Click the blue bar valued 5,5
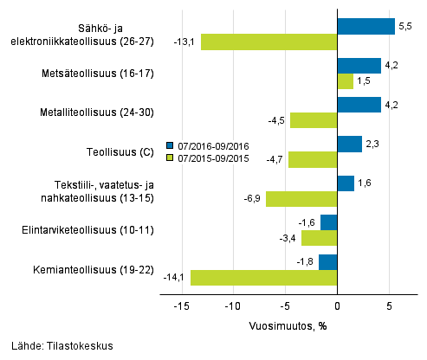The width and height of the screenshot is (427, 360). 366,26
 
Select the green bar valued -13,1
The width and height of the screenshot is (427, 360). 268,42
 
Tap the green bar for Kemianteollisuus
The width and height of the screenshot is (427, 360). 263,278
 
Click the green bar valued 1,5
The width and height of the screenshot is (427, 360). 345,81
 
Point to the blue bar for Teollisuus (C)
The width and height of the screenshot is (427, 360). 349,144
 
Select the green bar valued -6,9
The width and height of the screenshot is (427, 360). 301,199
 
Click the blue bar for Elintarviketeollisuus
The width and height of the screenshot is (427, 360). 328,222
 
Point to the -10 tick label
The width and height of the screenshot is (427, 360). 232,306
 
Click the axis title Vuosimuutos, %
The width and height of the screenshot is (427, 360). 290,325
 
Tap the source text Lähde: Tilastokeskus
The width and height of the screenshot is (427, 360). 57,346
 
